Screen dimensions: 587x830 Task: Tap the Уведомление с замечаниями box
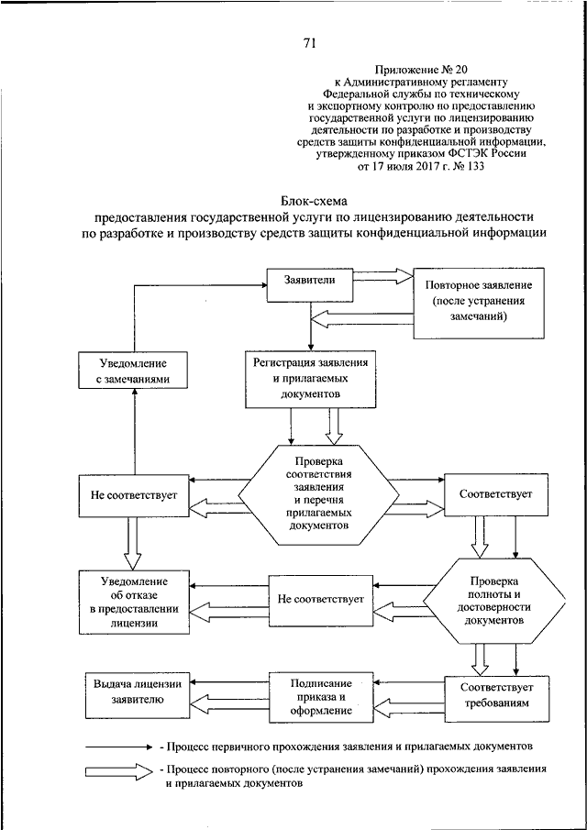(x=134, y=371)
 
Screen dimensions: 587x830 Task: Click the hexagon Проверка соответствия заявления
(x=318, y=494)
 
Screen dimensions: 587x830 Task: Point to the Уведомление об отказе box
(x=134, y=602)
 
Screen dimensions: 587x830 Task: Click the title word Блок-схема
(x=312, y=202)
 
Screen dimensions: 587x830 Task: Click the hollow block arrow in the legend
(x=118, y=771)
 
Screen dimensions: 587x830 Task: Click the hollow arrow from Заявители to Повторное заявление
(x=382, y=276)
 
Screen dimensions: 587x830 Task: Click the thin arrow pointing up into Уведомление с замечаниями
(x=135, y=432)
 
